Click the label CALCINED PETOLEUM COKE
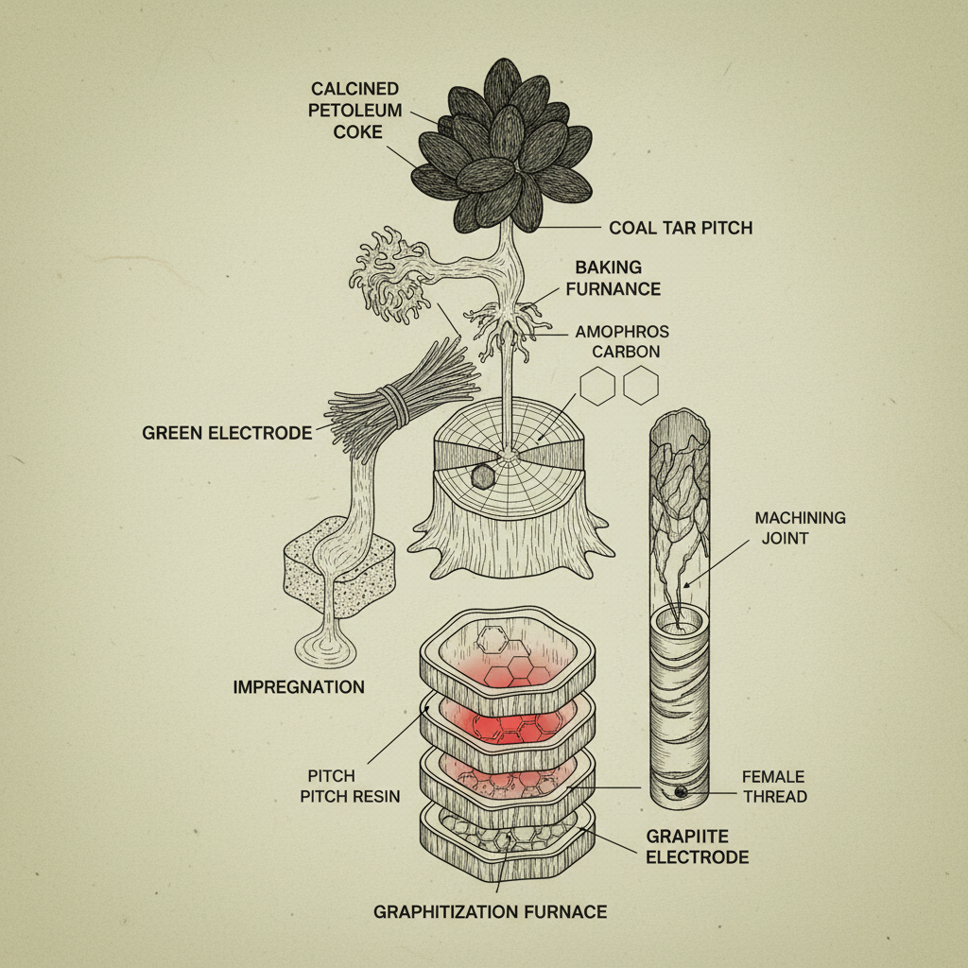356,111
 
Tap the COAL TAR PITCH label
681,228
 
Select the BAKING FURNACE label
617,278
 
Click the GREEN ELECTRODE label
227,433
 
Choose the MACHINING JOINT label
800,527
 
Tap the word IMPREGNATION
299,687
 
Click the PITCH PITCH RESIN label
350,786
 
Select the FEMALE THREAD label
775,786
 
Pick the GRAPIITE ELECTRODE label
697,847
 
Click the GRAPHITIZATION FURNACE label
490,911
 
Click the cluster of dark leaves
507,151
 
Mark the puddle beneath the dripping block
324,650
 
